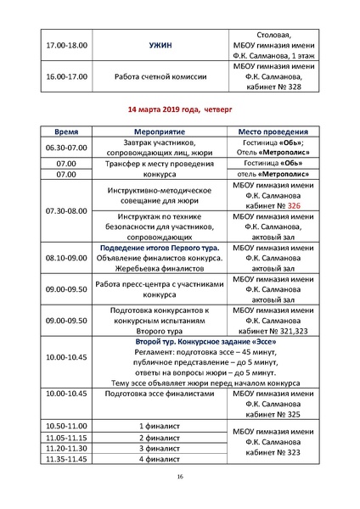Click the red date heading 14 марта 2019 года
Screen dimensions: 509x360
point(179,109)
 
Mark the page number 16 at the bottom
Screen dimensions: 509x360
point(180,478)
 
